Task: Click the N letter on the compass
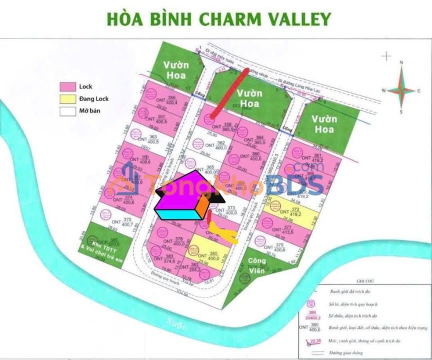click(401, 63)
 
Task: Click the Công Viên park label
click(258, 264)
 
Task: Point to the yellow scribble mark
click(222, 232)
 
